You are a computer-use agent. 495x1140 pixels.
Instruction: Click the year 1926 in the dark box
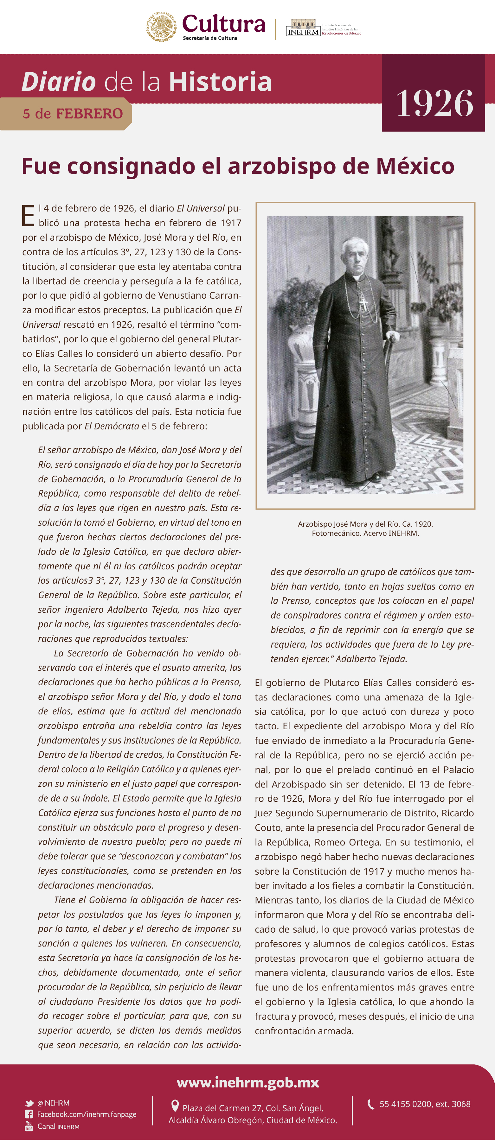[434, 103]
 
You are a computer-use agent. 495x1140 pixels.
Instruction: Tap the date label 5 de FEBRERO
[73, 114]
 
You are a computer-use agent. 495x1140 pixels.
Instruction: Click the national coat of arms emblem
[162, 27]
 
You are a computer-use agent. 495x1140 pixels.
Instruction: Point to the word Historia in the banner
[220, 82]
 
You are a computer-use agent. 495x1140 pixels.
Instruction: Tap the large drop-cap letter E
[28, 216]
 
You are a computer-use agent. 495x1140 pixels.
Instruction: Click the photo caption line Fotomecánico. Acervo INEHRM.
[365, 533]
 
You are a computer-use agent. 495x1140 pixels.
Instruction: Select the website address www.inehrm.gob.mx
[248, 1083]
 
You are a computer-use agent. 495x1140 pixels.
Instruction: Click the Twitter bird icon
[29, 1103]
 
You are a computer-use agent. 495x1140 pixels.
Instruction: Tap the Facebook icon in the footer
[29, 1114]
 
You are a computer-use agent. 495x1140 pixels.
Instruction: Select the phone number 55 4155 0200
[406, 1104]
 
